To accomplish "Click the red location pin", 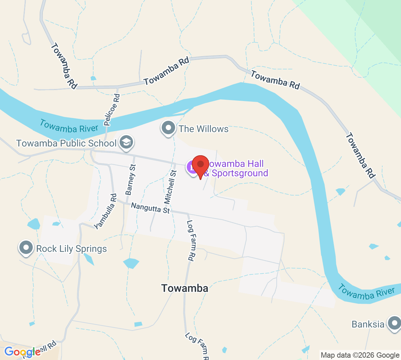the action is click(200, 165).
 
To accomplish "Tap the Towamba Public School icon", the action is click(126, 142).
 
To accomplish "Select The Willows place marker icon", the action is click(168, 128).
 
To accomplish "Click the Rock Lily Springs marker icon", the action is click(26, 248).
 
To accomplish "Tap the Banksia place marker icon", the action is click(394, 323).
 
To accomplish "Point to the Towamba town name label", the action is click(184, 288).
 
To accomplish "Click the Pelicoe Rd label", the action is click(112, 109).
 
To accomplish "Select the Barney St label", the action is click(130, 179).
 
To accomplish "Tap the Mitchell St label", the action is click(170, 187).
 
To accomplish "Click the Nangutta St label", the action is click(150, 208).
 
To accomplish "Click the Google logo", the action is click(22, 352).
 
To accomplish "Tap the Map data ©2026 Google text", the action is click(360, 355).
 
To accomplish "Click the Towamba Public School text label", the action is click(66, 143).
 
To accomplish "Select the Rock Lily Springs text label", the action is click(72, 249).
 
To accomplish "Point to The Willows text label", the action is click(204, 129).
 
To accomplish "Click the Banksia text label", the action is click(368, 324).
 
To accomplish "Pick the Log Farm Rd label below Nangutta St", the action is click(190, 240).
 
